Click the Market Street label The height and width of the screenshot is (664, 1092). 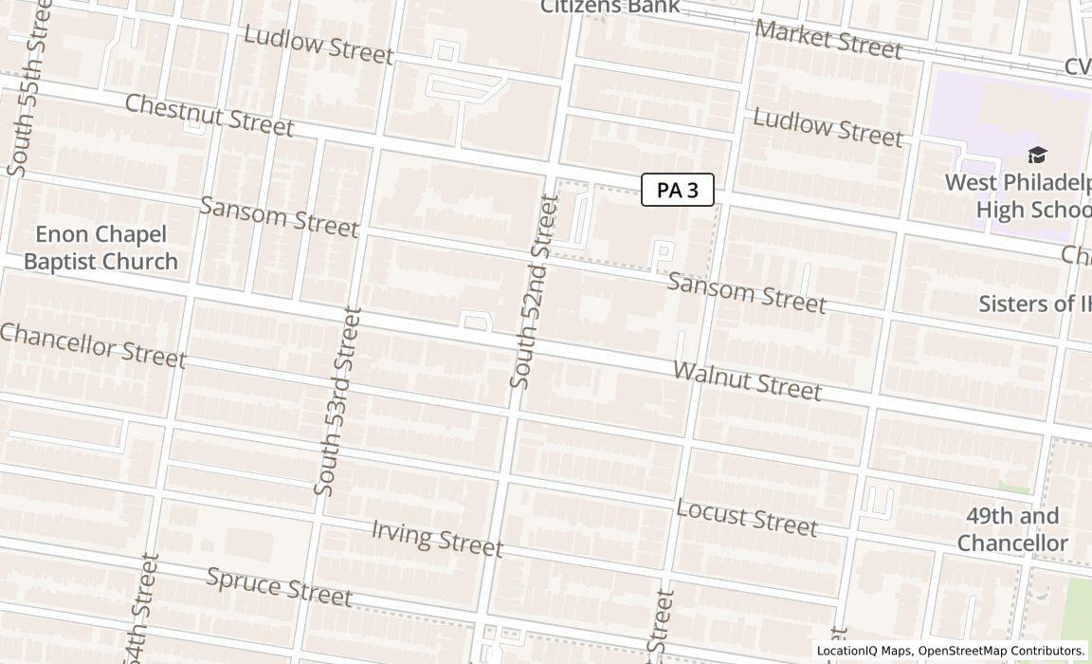tap(828, 40)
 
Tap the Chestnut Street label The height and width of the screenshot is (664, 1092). tap(209, 115)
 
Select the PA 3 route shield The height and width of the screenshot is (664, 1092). tap(678, 190)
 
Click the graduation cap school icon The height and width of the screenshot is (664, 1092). tap(1038, 155)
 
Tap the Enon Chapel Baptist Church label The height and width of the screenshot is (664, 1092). tap(100, 248)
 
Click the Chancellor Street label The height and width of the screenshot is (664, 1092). tap(93, 344)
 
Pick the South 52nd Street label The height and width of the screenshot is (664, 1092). tap(535, 291)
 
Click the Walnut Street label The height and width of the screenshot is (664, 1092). tap(747, 379)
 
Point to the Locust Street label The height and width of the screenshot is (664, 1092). tap(746, 516)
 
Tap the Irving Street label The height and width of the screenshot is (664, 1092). tap(436, 538)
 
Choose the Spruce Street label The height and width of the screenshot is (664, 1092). tap(280, 586)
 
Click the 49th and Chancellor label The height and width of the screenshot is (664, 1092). tap(1012, 529)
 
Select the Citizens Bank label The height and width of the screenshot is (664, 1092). tap(610, 7)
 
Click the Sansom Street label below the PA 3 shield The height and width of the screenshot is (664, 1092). tap(747, 291)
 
